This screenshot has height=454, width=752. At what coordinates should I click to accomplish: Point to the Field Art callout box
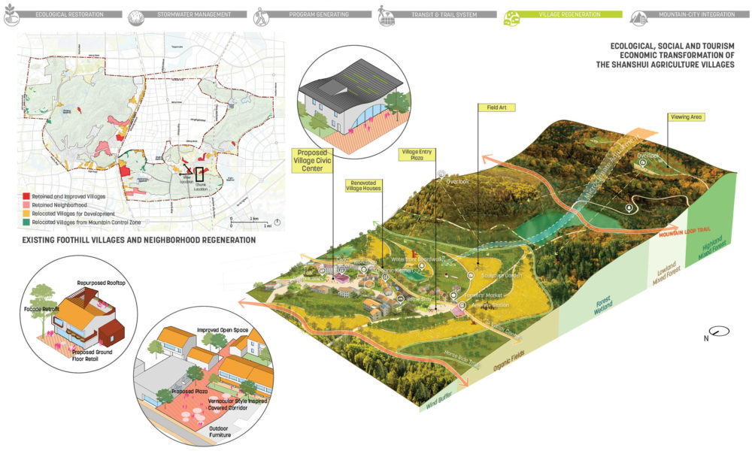(492, 107)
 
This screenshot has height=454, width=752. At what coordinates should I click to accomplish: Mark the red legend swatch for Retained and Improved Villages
(26, 196)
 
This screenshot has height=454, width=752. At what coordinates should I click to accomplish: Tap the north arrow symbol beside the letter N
(723, 330)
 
